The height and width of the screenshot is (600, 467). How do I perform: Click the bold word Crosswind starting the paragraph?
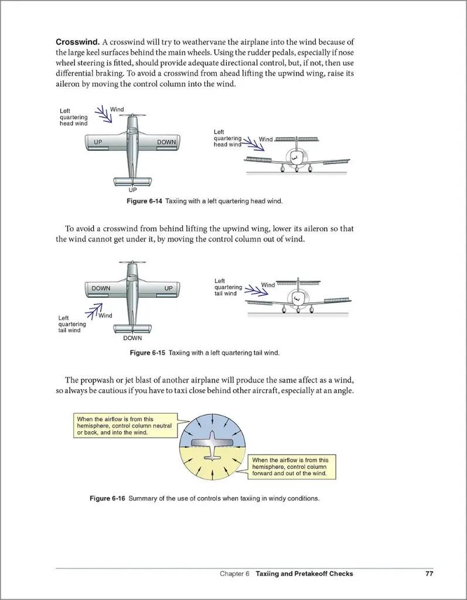pyautogui.click(x=77, y=42)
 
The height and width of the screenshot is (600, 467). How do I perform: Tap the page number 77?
pyautogui.click(x=429, y=574)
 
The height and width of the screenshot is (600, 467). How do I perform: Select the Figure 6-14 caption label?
pyautogui.click(x=145, y=202)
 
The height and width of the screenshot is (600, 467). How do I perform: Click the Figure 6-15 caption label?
pyautogui.click(x=148, y=353)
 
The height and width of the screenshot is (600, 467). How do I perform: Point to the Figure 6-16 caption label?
pyautogui.click(x=107, y=499)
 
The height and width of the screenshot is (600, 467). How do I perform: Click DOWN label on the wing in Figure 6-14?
pyautogui.click(x=166, y=142)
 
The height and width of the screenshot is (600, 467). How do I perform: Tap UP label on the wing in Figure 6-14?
pyautogui.click(x=98, y=142)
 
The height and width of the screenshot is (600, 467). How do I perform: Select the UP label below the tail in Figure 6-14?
pyautogui.click(x=132, y=190)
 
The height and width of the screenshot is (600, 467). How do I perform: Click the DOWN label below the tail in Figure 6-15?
pyautogui.click(x=132, y=338)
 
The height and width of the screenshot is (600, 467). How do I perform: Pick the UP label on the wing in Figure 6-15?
pyautogui.click(x=169, y=288)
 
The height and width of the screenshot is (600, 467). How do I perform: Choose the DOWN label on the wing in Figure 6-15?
pyautogui.click(x=101, y=288)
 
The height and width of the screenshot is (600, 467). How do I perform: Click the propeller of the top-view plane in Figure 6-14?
pyautogui.click(x=132, y=115)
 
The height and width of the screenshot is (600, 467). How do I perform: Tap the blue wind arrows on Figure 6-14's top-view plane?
pyautogui.click(x=103, y=114)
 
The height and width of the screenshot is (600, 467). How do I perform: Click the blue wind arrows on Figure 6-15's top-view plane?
pyautogui.click(x=94, y=311)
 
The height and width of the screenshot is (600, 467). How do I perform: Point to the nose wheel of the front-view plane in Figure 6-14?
pyautogui.click(x=296, y=169)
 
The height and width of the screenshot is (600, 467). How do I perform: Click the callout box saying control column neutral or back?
pyautogui.click(x=124, y=426)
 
